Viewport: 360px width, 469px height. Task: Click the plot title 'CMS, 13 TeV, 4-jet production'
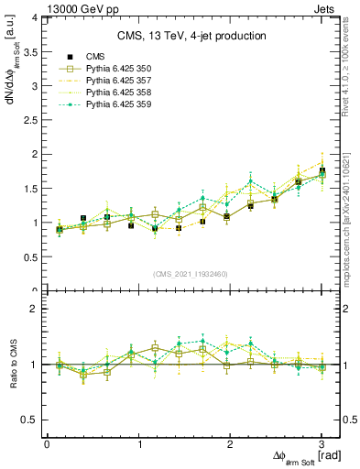pyautogui.click(x=191, y=37)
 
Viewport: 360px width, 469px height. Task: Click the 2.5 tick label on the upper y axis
pyautogui.click(x=30, y=120)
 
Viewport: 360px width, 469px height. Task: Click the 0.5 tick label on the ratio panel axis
pyautogui.click(x=30, y=420)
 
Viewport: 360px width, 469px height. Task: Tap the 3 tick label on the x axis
pyautogui.click(x=322, y=444)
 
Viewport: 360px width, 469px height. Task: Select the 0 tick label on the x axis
pyautogui.click(x=47, y=444)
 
